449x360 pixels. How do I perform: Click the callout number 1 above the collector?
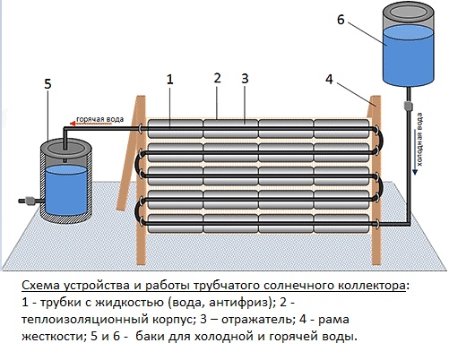tap(169, 80)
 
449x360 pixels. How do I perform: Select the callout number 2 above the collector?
tap(218, 78)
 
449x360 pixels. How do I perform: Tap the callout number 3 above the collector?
tap(245, 79)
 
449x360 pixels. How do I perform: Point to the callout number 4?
tap(329, 80)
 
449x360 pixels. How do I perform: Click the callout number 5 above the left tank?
tap(47, 84)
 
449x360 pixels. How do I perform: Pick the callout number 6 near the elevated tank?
tap(341, 20)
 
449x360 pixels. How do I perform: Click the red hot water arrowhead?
tap(72, 124)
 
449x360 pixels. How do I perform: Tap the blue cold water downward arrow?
tap(415, 151)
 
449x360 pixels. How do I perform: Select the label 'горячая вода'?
tap(100, 119)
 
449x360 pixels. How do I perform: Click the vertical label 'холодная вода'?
tap(420, 139)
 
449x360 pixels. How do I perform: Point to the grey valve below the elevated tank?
tap(408, 106)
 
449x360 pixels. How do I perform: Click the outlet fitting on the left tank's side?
tap(29, 201)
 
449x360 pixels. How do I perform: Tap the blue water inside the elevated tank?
tap(408, 56)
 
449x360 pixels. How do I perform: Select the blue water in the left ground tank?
tap(66, 191)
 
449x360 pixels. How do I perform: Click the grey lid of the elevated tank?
tap(408, 12)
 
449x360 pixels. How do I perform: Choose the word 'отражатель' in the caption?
tap(256, 320)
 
